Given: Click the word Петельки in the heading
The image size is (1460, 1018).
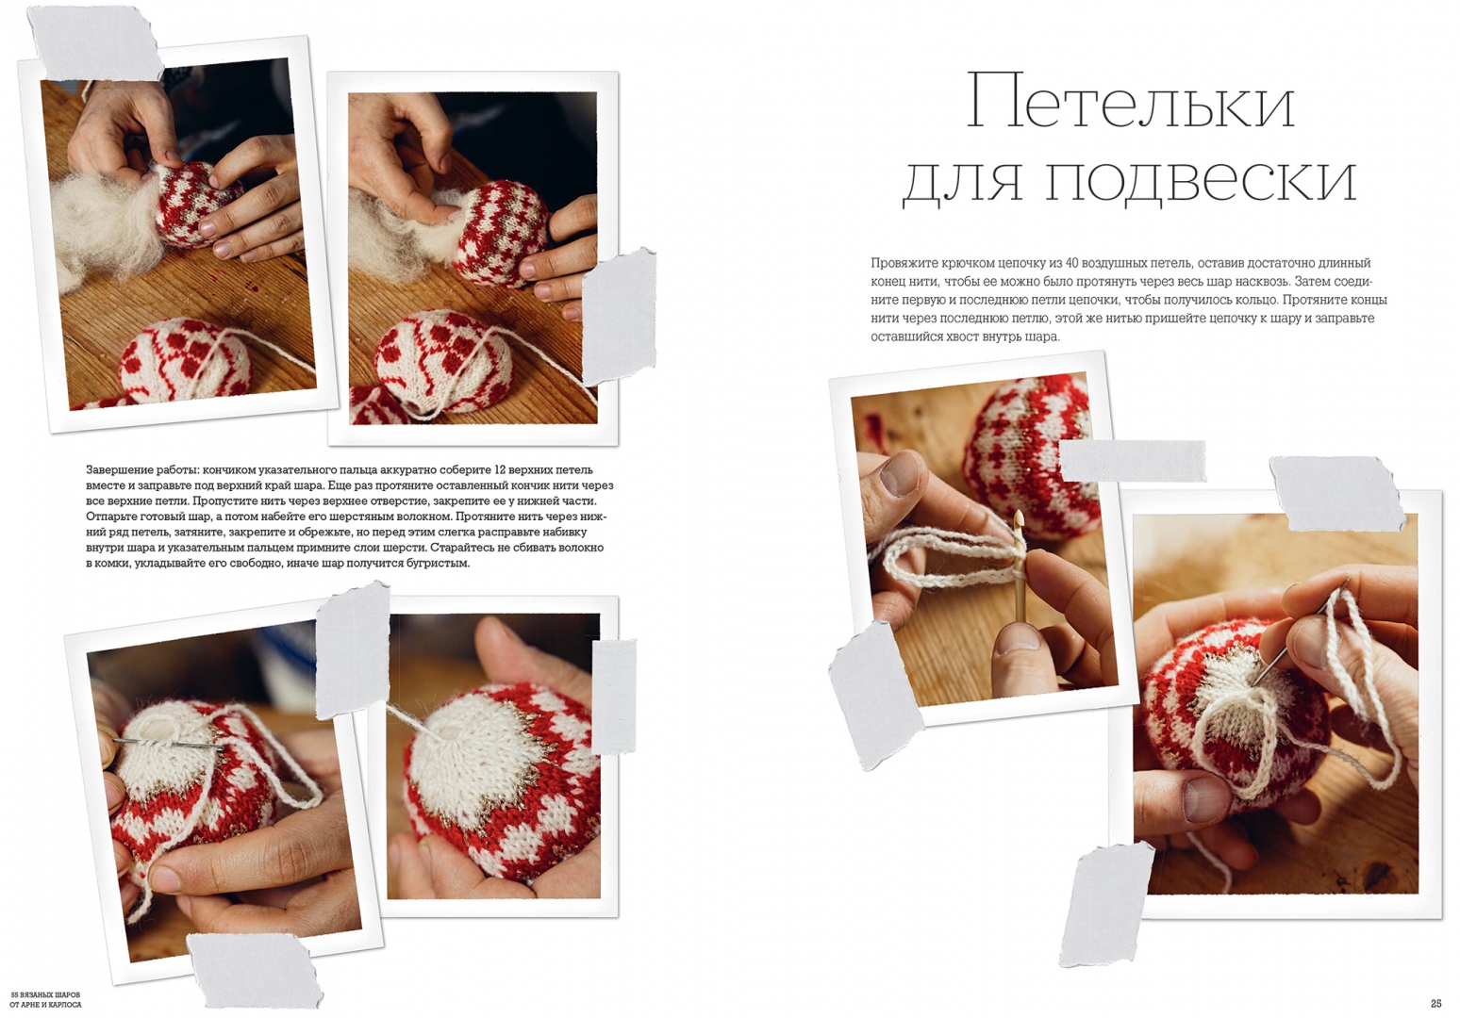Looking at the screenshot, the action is (1130, 102).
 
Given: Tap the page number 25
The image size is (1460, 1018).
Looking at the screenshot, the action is (1435, 1004).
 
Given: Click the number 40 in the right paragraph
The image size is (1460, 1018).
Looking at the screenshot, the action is (1072, 263).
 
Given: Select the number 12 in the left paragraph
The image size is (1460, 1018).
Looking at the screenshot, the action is (501, 469).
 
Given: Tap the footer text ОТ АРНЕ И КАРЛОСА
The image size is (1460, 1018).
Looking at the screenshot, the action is (45, 1005).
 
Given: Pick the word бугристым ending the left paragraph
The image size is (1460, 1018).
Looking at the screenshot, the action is (440, 564).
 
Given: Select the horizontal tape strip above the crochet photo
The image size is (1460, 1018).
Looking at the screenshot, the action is (1133, 461).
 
